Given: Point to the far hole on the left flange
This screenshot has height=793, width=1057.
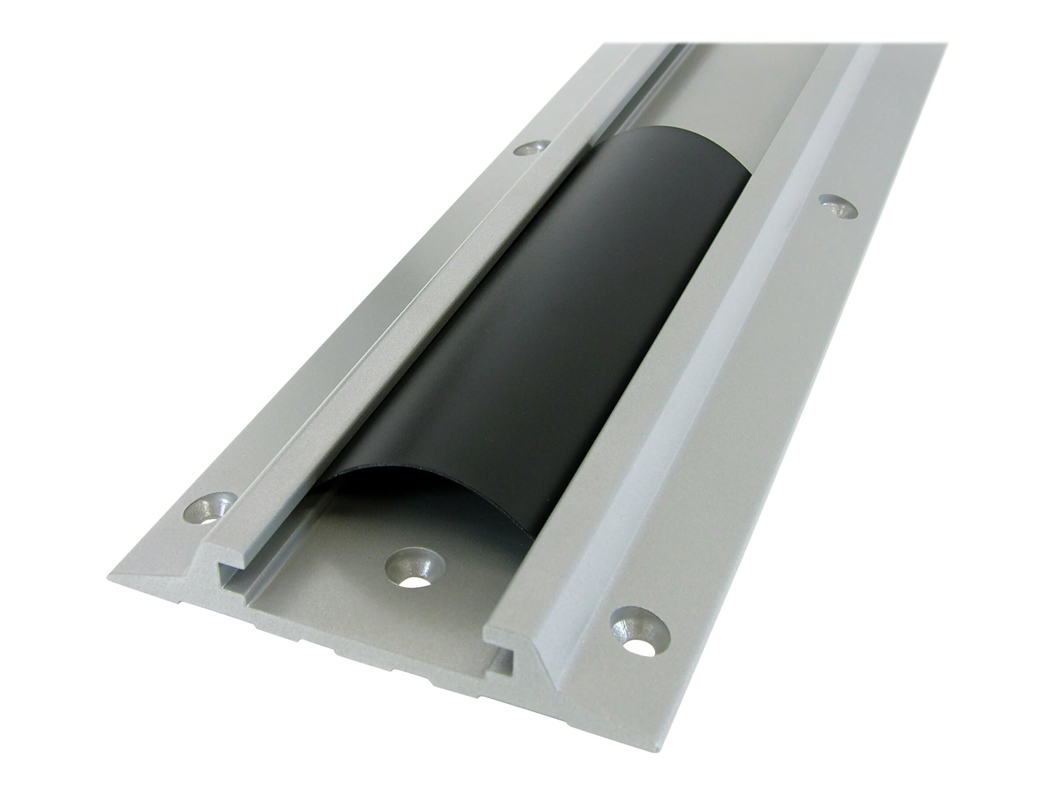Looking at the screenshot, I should (x=530, y=148).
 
